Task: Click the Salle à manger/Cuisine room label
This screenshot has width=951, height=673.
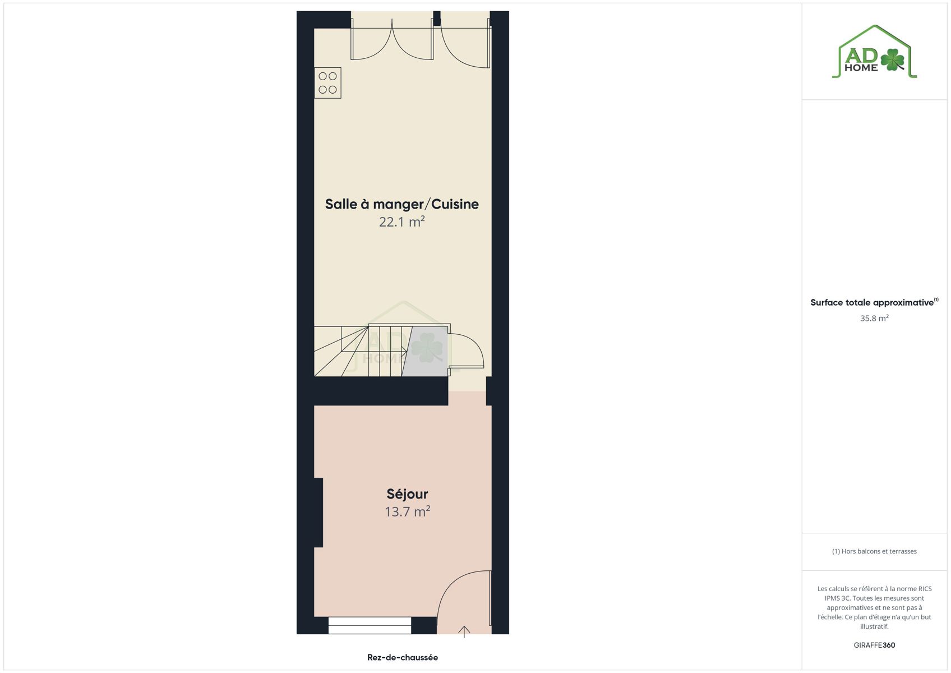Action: click(401, 204)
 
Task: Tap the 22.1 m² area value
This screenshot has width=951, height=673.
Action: click(401, 222)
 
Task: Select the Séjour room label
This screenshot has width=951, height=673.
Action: click(407, 494)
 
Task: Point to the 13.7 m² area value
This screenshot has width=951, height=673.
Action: click(407, 511)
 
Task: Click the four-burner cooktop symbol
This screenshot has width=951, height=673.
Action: click(328, 83)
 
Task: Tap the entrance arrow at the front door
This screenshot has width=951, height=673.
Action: click(464, 631)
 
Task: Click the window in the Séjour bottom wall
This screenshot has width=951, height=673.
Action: click(370, 625)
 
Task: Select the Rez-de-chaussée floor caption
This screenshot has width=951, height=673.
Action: click(403, 657)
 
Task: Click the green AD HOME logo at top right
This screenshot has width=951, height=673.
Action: click(874, 52)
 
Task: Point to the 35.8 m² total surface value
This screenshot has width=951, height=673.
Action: click(874, 318)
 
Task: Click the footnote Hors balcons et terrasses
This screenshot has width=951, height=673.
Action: click(874, 551)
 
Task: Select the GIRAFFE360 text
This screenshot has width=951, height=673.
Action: click(874, 645)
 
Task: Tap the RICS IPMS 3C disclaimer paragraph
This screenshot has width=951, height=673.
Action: click(874, 607)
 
